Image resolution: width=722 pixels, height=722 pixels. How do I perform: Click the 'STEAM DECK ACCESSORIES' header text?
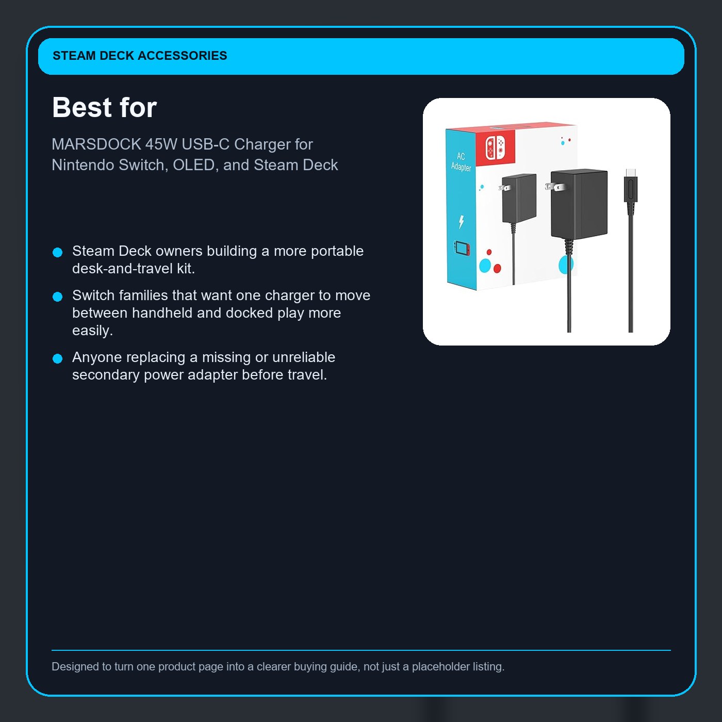[x=140, y=56]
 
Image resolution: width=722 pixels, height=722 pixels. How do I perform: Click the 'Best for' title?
[x=104, y=108]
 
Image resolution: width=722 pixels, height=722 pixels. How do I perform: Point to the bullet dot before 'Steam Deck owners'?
[x=58, y=252]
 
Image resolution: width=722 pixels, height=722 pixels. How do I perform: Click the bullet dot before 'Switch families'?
[x=58, y=297]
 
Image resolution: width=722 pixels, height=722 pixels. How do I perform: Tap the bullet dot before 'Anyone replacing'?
[x=58, y=358]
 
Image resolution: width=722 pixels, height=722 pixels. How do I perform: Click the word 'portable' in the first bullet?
[x=337, y=251]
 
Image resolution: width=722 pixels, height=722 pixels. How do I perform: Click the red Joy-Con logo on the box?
[x=495, y=147]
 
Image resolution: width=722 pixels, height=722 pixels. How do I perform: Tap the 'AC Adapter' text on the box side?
[x=461, y=161]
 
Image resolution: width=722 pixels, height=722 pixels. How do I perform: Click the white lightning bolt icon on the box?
[x=461, y=222]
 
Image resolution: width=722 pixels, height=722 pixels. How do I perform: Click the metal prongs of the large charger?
[x=554, y=187]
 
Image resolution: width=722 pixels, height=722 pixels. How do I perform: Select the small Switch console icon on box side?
[x=462, y=248]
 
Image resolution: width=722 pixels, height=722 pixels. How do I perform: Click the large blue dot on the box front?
[x=485, y=266]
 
